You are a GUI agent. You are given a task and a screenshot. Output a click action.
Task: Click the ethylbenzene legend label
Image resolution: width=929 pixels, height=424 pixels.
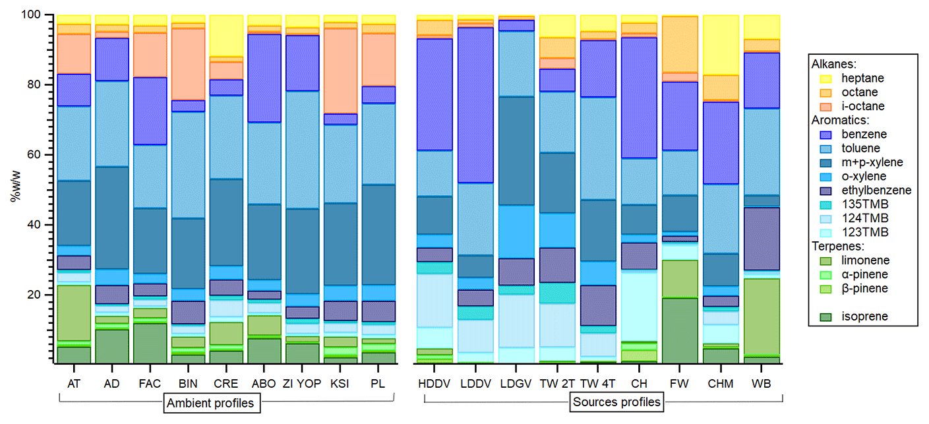pyautogui.click(x=875, y=191)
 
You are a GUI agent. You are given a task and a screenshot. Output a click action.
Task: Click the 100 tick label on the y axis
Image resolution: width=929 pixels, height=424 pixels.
pyautogui.click(x=31, y=15)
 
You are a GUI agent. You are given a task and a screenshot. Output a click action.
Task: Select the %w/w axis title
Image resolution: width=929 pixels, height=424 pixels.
pyautogui.click(x=15, y=188)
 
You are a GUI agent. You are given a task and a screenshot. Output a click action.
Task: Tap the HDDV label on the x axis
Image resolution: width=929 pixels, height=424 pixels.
pyautogui.click(x=434, y=382)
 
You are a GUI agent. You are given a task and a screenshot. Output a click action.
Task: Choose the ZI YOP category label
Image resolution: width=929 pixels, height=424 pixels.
pyautogui.click(x=302, y=382)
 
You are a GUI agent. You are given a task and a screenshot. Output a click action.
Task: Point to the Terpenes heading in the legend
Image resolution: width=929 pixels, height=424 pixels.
pyautogui.click(x=834, y=247)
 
